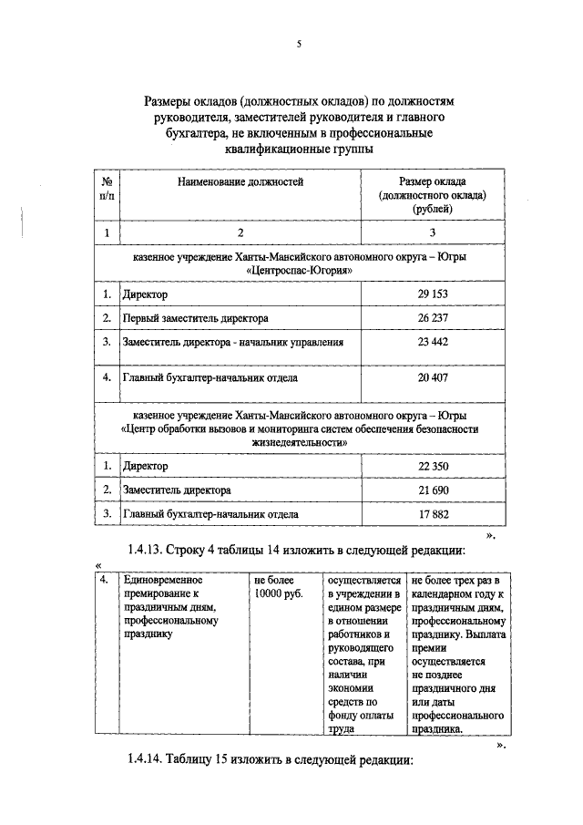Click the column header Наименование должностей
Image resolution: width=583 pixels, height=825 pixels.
240,182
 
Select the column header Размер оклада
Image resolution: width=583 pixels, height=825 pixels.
433,182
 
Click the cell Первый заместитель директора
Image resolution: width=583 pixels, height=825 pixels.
196,318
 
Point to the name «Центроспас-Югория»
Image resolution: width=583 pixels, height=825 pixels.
299,271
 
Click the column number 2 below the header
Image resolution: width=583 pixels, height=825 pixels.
240,233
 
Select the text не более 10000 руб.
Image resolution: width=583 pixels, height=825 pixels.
279,586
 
